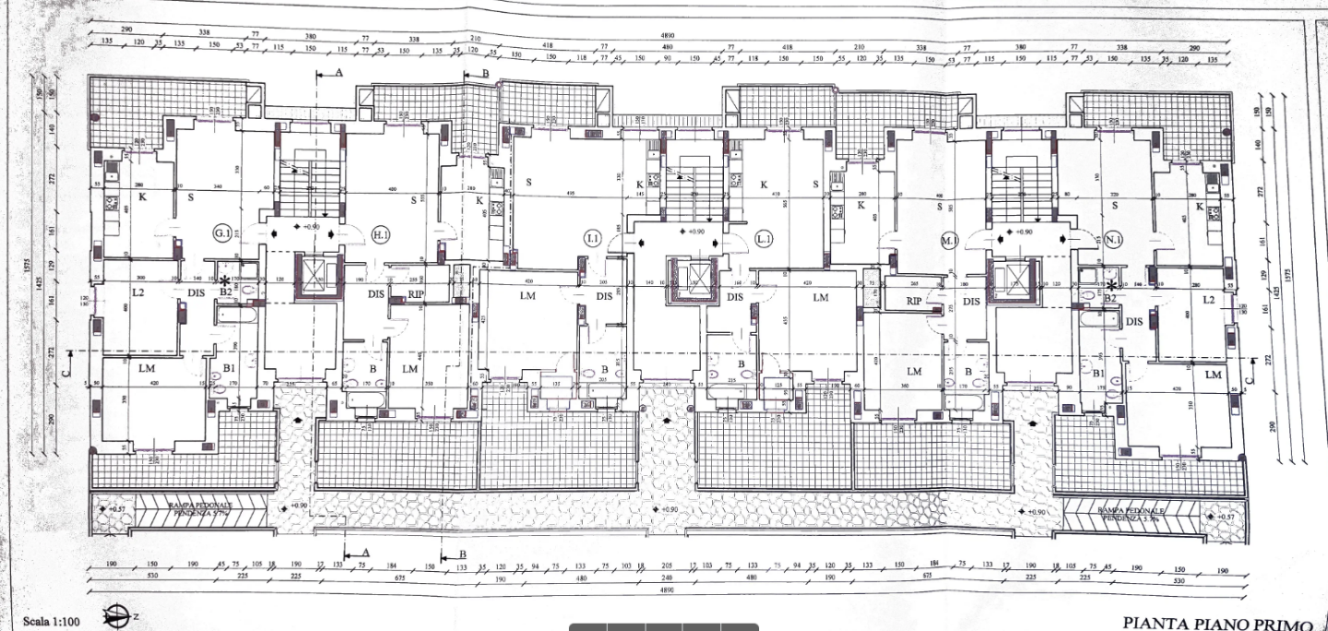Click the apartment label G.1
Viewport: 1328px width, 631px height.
coord(222,232)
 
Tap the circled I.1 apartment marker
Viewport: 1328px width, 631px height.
coord(592,239)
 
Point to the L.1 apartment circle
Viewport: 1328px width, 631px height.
coord(764,239)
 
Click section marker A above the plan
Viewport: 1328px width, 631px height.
coord(338,73)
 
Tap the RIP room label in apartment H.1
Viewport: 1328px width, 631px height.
coord(416,295)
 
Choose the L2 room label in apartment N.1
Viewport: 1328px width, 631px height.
coord(1209,300)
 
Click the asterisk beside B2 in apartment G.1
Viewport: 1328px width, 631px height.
coord(224,281)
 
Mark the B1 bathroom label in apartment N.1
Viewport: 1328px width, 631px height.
coord(1098,372)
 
